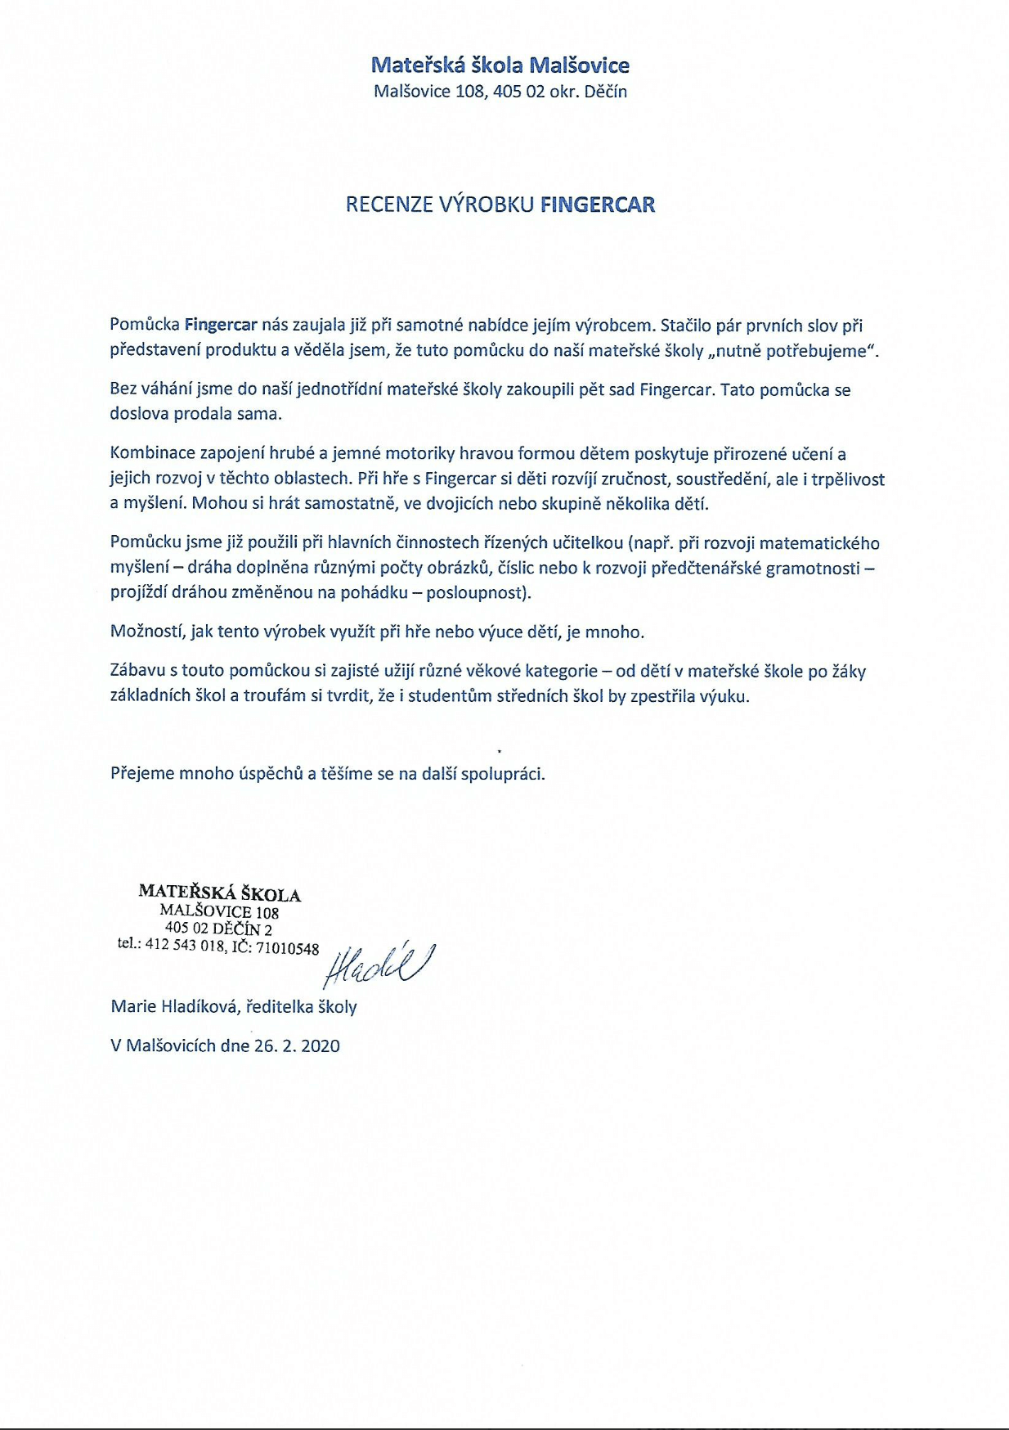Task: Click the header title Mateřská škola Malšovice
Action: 500,65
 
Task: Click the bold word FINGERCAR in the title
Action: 598,205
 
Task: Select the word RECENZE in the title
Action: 389,205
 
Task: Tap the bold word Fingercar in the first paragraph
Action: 221,325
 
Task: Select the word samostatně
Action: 352,504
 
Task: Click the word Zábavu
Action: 137,672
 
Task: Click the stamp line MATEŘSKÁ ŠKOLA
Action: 220,893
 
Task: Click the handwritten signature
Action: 379,965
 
